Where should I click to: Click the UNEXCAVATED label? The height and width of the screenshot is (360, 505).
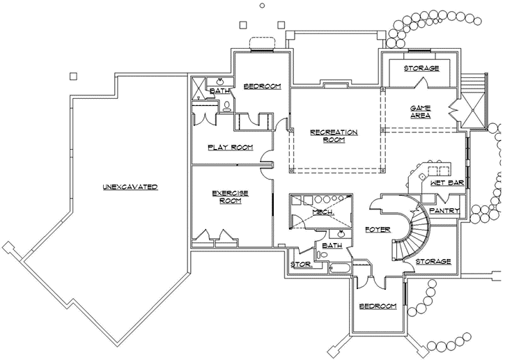tap(130, 187)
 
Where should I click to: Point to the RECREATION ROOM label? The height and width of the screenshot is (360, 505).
tap(334, 135)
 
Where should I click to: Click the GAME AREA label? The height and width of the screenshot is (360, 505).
tap(419, 111)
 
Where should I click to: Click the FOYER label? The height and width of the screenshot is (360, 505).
tap(377, 229)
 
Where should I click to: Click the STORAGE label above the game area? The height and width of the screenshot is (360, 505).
tap(421, 68)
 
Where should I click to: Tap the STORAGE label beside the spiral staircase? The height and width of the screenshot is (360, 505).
tap(433, 262)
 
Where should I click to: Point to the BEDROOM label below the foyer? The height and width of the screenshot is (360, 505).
tap(378, 306)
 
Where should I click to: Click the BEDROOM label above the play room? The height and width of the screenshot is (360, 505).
tap(262, 86)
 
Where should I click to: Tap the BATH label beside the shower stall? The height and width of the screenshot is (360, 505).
tap(220, 91)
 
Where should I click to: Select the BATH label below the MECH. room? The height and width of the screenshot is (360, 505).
tap(332, 245)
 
